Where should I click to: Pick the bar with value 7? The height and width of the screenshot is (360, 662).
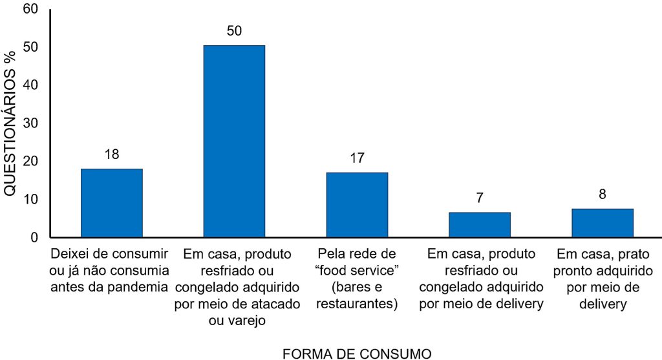point(480,224)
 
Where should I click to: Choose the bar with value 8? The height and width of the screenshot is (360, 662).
point(603,222)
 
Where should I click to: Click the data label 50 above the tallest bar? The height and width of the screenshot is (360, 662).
point(234,31)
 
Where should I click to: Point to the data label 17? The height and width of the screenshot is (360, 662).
point(357,158)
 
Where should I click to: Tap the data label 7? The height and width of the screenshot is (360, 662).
point(480,198)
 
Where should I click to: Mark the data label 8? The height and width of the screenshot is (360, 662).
point(603,195)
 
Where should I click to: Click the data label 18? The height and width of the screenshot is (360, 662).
point(111,154)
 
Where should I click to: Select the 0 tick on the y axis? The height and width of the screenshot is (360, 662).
point(34,237)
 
